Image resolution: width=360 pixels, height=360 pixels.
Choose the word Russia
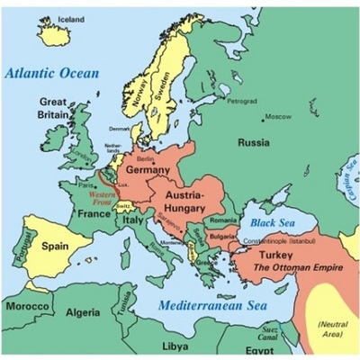pos(255,142)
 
